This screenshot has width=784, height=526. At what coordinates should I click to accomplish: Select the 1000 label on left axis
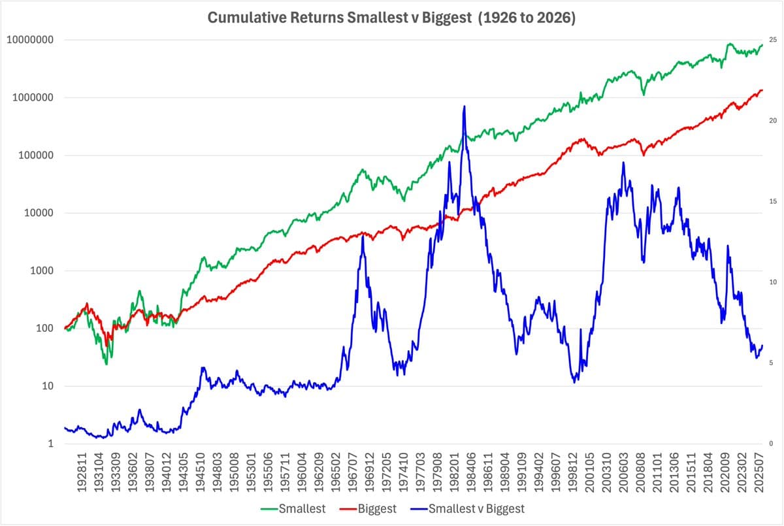[x=40, y=271]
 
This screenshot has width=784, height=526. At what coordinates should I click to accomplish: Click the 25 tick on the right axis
[x=773, y=41]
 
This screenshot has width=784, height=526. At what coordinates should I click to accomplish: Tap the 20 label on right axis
[x=773, y=121]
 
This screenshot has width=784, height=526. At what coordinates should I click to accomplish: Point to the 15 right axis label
[x=773, y=202]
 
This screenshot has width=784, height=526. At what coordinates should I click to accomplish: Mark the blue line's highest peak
[x=464, y=106]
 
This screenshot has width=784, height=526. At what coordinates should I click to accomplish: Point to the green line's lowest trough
[x=106, y=363]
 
